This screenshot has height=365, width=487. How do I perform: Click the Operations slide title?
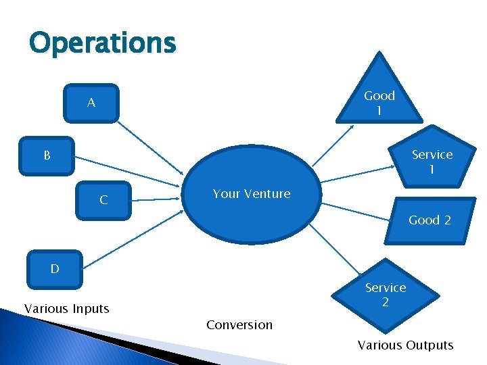pos(102,43)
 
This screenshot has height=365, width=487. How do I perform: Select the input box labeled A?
pos(91,103)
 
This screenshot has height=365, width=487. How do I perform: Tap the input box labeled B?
pos(47,156)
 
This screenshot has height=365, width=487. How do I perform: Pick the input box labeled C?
pos(103,199)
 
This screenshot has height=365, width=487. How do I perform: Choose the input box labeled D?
pos(55,268)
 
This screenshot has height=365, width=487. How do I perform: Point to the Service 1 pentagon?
pos(432,161)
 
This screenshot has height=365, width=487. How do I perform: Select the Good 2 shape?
pos(429,220)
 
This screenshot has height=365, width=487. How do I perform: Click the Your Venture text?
pos(251,194)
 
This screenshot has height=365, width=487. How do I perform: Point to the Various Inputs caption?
pos(66,309)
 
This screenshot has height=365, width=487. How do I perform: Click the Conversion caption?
pos(239,325)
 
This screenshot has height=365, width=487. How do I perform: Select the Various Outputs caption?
pos(405,345)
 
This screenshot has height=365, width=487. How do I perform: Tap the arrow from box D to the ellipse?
pos(135,240)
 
